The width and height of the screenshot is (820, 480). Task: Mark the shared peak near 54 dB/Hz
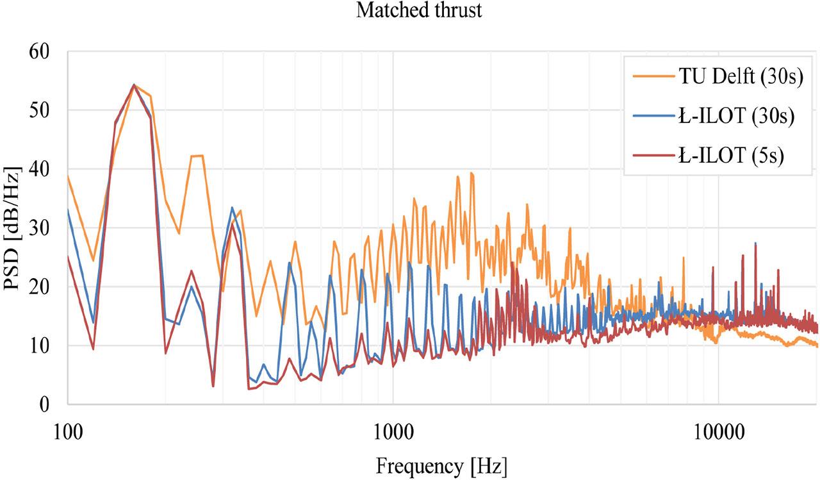pyautogui.click(x=134, y=85)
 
